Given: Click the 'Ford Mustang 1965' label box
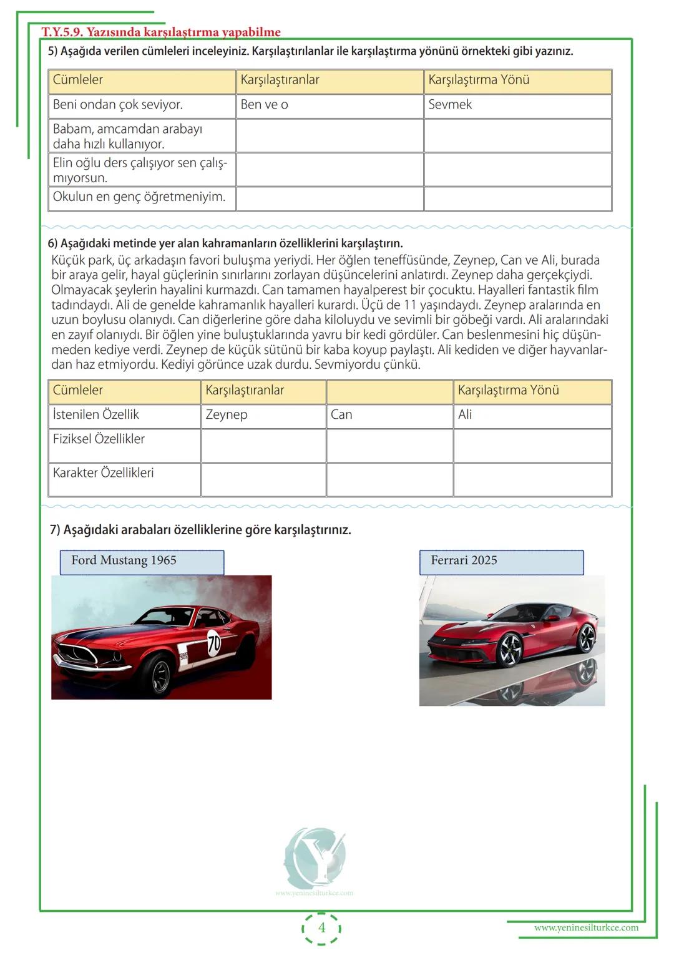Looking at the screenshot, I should coord(142,562).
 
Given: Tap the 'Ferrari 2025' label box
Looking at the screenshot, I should coord(502,562).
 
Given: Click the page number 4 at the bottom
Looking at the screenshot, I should coord(322,927).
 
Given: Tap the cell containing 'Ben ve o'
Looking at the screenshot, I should coord(330,105).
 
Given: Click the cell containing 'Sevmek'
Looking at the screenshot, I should coord(517,105).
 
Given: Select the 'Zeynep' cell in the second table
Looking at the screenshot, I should coord(263,416).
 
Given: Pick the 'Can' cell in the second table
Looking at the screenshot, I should coord(389,416).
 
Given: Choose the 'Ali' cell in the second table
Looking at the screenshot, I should coord(532,416).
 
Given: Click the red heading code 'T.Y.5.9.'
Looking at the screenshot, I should coord(61,32).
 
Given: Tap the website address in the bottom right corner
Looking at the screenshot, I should coord(586,927).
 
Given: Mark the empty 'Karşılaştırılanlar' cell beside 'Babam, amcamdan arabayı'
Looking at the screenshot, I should coord(330,135).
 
